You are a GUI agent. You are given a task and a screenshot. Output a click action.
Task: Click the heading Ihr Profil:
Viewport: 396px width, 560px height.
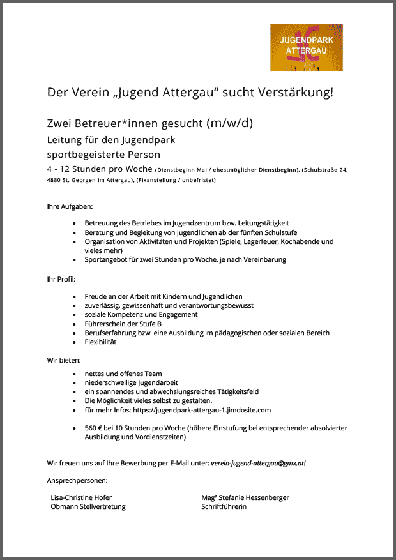[x=61, y=279]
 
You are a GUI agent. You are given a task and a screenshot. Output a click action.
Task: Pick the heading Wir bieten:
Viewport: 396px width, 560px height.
[x=64, y=360]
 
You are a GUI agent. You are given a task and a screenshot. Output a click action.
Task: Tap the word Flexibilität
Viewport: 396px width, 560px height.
[x=101, y=342]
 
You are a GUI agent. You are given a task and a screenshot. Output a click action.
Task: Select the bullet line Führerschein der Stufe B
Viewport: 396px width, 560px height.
[x=123, y=324]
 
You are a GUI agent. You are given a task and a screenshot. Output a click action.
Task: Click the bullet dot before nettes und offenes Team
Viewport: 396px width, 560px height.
[x=75, y=374]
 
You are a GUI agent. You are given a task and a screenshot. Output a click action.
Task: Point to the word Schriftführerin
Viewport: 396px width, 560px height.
[x=224, y=506]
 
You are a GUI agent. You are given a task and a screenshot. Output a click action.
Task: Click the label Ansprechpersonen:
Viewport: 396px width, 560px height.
[x=77, y=480]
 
